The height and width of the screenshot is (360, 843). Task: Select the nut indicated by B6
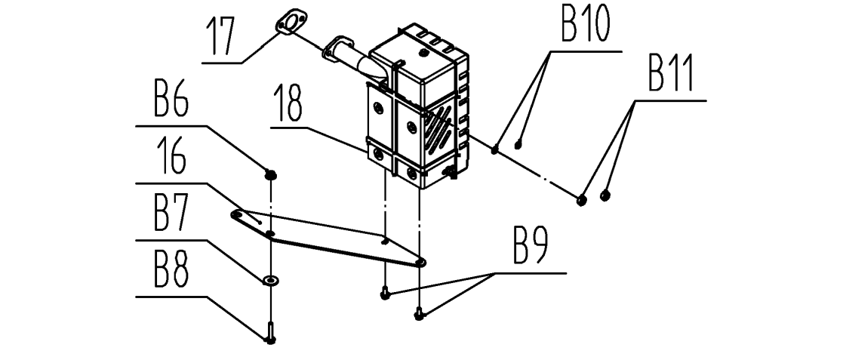269,175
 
